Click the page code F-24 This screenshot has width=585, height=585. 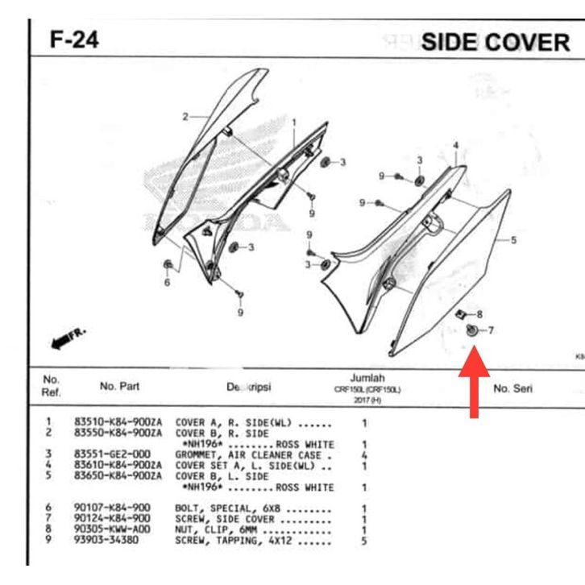pos(74,39)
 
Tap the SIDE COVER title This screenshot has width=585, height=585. pos(495,43)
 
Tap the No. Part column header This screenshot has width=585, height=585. pos(119,386)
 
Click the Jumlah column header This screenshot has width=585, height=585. pos(367,378)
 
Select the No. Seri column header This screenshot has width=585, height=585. pos(512,388)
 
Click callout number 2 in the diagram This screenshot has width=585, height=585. pos(184,116)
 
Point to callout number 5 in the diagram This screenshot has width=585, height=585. pos(513,239)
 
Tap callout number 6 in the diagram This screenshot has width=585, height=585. pos(167,282)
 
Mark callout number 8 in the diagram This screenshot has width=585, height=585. pos(479,313)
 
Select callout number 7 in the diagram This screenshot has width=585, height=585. pos(491,330)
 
